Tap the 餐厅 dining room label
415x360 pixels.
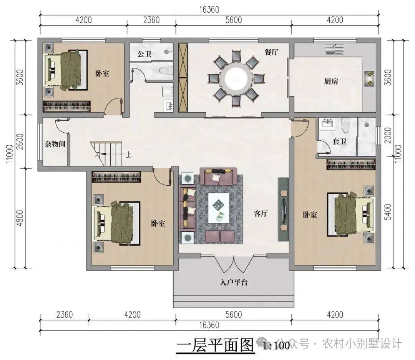coord(272,52)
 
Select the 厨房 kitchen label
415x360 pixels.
coord(331,81)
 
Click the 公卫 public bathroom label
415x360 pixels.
coord(144,54)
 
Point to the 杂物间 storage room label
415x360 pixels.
coord(55,144)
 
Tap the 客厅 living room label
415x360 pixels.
coord(261,213)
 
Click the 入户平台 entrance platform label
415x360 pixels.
coord(234,282)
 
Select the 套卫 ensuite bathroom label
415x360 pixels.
coord(339,141)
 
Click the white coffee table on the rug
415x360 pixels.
coord(219,208)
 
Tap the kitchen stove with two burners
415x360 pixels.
coord(369,78)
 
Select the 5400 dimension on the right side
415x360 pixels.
coord(388,212)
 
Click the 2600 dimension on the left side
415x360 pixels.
coord(20,142)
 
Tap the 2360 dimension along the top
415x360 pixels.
coord(151,20)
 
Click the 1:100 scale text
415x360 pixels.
coord(276,346)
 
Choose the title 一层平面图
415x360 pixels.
coord(215,345)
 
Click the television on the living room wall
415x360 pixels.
coord(283,210)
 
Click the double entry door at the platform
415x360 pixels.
coord(234,264)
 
